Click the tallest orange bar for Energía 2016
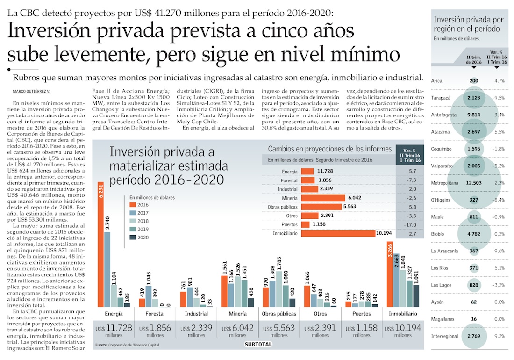pyautogui.click(x=100, y=243)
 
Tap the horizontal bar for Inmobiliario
pyautogui.click(x=338, y=233)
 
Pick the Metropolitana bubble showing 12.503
pyautogui.click(x=474, y=183)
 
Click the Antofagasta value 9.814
pyautogui.click(x=474, y=115)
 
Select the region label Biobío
pyautogui.click(x=438, y=234)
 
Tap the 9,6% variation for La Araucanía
pyautogui.click(x=499, y=251)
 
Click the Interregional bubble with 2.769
pyautogui.click(x=474, y=336)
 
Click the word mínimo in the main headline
pyautogui.click(x=366, y=54)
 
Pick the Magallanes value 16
pyautogui.click(x=474, y=319)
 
